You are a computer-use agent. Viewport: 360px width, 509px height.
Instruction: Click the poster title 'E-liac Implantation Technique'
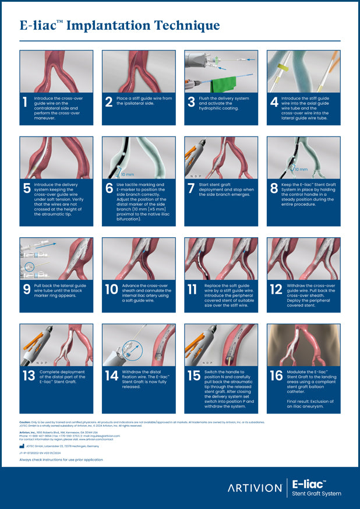pos(119,26)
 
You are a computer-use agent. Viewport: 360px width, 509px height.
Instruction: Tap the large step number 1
pos(24,103)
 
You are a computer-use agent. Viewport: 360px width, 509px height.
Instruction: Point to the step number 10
pos(111,289)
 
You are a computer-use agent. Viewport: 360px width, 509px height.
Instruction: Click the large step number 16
pos(276,376)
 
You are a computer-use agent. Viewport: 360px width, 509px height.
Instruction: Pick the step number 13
pos(29,376)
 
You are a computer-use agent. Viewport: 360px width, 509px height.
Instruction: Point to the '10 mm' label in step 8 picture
pos(301,169)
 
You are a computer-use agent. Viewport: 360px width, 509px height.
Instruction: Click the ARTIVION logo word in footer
pos(255,488)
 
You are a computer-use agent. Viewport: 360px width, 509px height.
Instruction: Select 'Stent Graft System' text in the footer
pos(316,494)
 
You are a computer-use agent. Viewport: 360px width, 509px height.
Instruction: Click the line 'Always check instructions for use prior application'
pos(61,459)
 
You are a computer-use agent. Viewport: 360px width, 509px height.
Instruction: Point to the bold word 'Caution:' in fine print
pos(24,421)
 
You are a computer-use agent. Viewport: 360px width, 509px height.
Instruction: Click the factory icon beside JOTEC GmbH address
pos(22,445)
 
